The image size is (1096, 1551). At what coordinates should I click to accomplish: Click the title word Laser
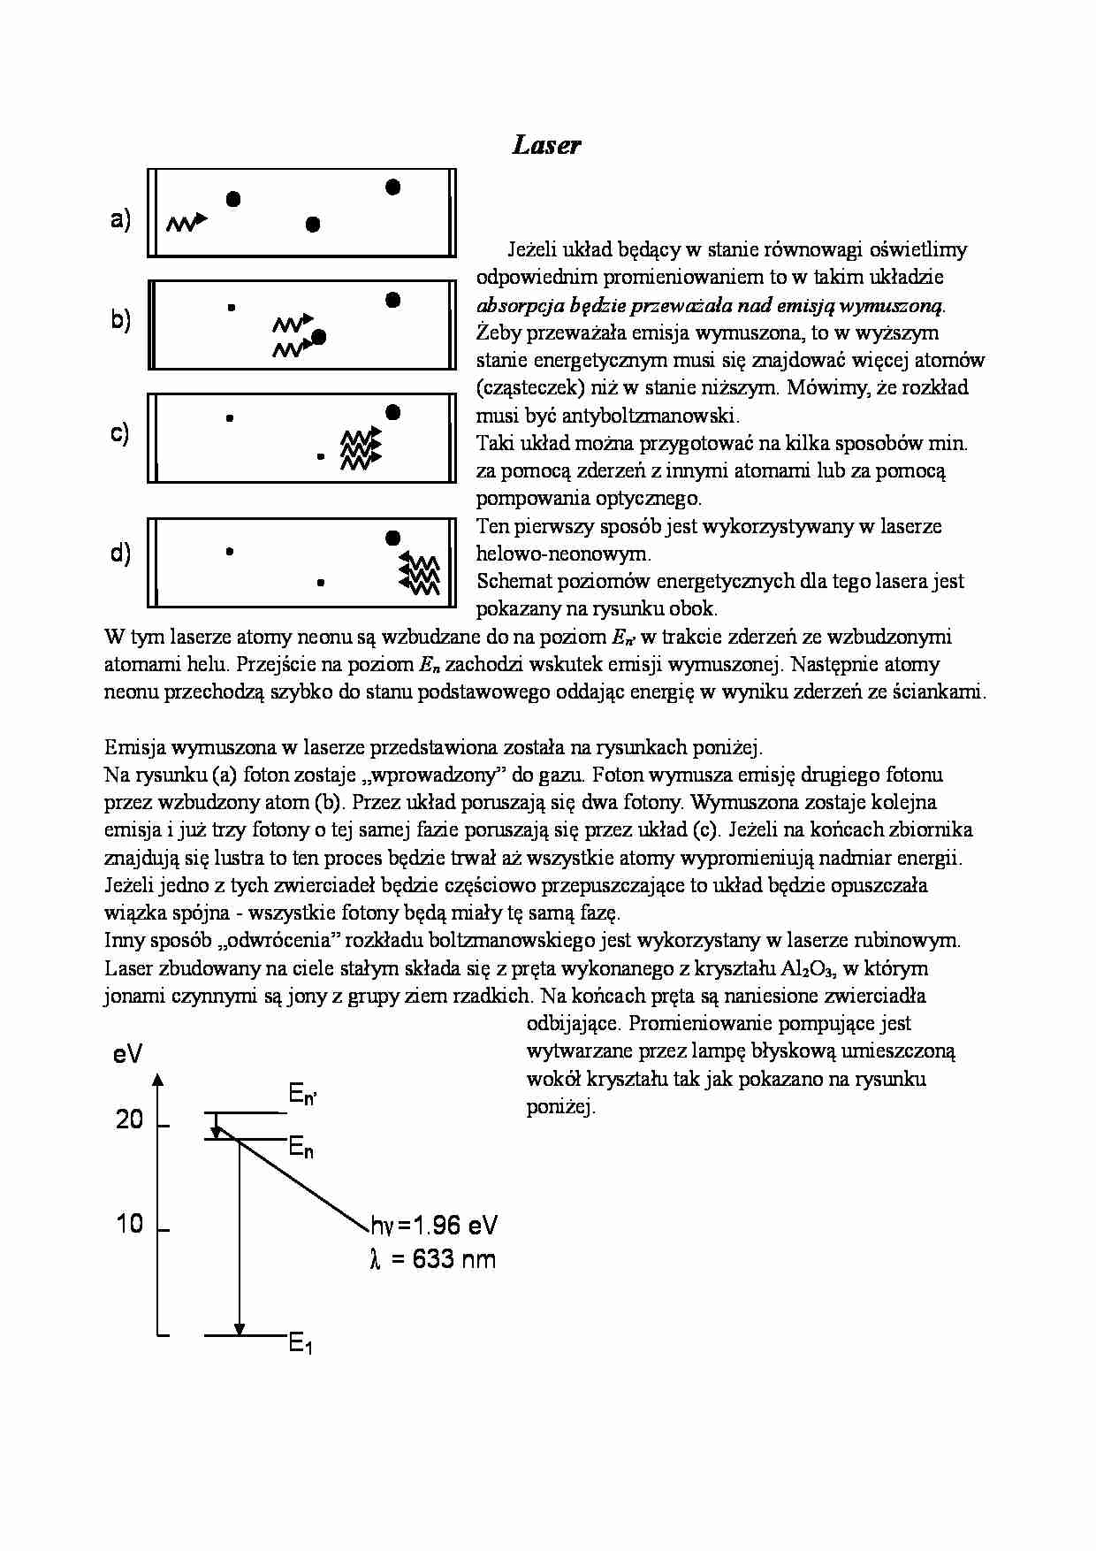546,146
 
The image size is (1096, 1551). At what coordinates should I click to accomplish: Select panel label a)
120,218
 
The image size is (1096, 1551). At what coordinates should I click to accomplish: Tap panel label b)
120,319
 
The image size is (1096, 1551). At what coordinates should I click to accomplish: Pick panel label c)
120,433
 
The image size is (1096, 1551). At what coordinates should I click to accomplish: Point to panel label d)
120,554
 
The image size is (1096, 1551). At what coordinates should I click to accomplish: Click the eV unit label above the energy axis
128,1053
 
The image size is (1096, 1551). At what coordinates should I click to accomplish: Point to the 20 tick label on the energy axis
129,1119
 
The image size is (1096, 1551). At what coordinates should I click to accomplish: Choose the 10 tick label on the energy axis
129,1224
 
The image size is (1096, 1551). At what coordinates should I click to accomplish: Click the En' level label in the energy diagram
302,1096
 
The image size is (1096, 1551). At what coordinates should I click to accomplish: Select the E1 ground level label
301,1344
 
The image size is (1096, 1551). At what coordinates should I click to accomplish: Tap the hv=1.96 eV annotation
434,1225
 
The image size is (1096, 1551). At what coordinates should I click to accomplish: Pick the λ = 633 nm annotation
433,1258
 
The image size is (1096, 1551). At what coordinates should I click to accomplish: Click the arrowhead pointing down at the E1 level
239,1329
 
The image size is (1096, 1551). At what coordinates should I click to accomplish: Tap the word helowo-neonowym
563,554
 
